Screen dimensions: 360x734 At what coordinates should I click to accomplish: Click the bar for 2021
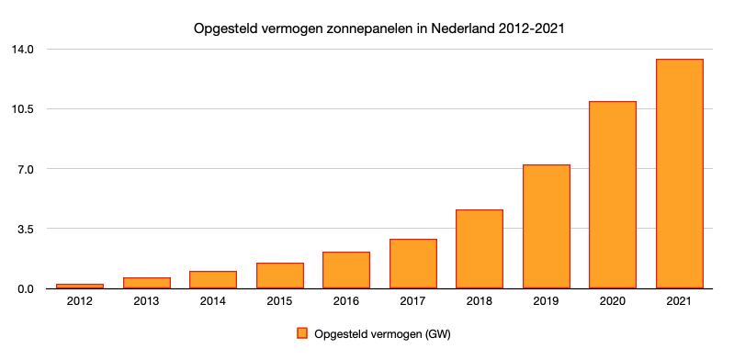click(680, 174)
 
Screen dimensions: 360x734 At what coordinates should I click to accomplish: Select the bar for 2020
click(613, 195)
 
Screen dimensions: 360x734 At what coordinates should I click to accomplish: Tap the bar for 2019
click(547, 227)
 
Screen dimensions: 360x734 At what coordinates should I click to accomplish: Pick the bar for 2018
click(480, 249)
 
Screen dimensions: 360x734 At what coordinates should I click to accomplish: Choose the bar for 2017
click(413, 264)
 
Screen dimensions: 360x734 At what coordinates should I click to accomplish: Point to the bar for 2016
click(346, 270)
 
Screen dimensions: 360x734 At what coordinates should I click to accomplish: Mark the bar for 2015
click(279, 276)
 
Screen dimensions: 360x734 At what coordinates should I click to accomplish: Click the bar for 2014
click(213, 280)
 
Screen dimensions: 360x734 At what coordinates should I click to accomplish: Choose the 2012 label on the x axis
click(80, 303)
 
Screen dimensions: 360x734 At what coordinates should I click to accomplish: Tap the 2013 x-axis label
click(146, 303)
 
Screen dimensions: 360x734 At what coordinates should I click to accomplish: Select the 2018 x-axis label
click(480, 303)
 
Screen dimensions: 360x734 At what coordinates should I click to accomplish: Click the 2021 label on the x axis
click(680, 303)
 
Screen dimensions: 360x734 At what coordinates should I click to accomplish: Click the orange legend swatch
click(302, 333)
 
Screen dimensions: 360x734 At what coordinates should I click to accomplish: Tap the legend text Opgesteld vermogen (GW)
click(382, 333)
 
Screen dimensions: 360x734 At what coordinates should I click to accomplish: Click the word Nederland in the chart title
click(453, 28)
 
